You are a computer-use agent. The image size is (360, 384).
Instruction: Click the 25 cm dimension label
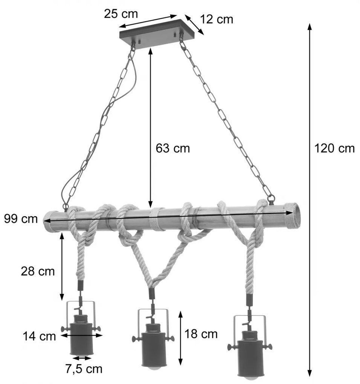(x=121, y=14)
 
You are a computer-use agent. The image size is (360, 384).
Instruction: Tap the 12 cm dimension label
(x=217, y=19)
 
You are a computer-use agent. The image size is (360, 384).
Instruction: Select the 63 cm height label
(x=173, y=148)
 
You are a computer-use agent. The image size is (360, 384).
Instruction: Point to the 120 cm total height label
(x=335, y=148)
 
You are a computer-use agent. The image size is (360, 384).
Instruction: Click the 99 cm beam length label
(x=21, y=219)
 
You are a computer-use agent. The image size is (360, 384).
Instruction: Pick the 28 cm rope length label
(x=37, y=271)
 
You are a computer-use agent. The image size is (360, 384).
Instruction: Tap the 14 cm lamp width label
(x=39, y=336)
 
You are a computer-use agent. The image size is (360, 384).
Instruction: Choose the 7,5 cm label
(x=84, y=369)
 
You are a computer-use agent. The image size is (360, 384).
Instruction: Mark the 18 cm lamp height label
(x=201, y=334)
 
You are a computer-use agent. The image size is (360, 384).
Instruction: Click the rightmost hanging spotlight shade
(x=249, y=354)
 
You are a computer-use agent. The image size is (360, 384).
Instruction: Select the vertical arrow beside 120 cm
(x=310, y=200)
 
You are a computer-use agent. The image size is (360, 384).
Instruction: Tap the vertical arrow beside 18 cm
(x=180, y=337)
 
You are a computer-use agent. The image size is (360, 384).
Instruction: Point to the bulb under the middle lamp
(x=153, y=369)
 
